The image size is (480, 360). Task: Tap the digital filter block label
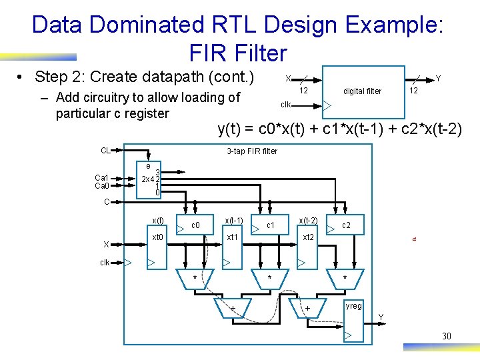(x=362, y=91)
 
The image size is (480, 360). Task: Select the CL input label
(x=105, y=150)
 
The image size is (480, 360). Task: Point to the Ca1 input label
(x=102, y=177)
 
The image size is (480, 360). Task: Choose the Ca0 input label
(x=102, y=185)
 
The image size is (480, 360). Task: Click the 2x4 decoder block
(x=150, y=179)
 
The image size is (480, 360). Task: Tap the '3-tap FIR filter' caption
(x=252, y=151)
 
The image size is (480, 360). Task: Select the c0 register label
(x=196, y=225)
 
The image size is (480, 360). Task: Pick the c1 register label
(x=271, y=225)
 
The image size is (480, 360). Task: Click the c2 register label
(x=346, y=225)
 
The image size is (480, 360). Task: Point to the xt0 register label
(x=158, y=237)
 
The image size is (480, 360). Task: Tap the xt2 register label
(x=309, y=237)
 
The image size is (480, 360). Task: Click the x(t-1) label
(x=233, y=221)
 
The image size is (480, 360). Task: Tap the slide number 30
(x=446, y=336)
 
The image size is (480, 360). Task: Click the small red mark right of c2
(x=413, y=242)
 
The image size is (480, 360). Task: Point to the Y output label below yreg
(x=381, y=316)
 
